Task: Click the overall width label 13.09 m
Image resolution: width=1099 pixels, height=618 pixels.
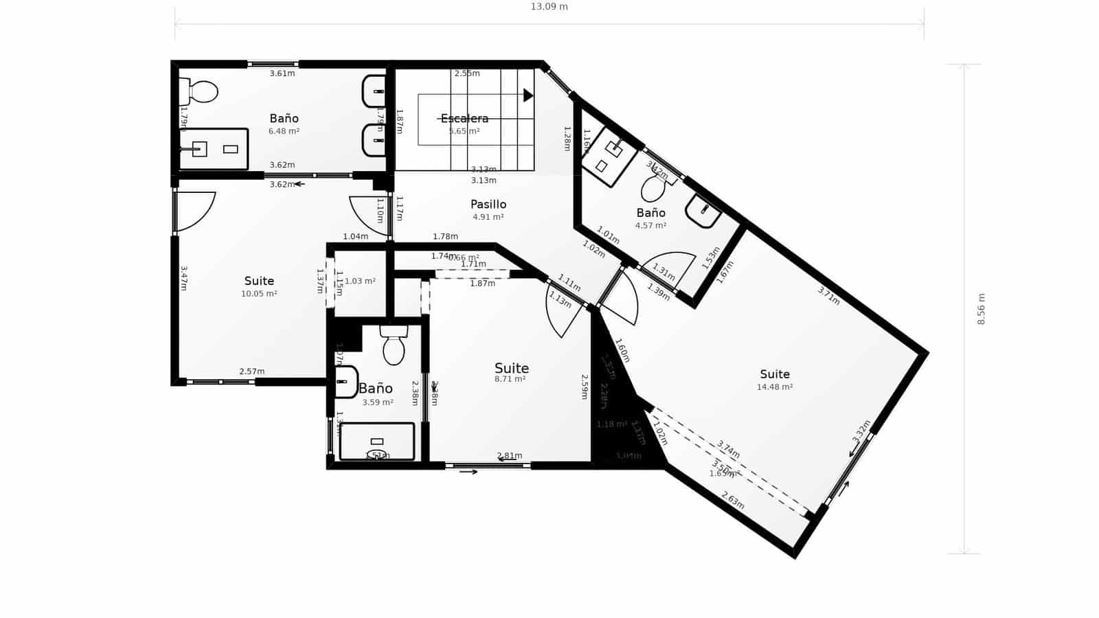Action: pyautogui.click(x=549, y=7)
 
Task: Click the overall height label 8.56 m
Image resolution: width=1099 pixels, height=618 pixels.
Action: pyautogui.click(x=982, y=309)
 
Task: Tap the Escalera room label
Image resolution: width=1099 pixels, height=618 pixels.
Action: pyautogui.click(x=464, y=118)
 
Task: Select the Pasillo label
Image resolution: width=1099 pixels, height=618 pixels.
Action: pyautogui.click(x=488, y=204)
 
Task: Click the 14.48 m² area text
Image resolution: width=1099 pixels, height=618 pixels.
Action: pyautogui.click(x=775, y=387)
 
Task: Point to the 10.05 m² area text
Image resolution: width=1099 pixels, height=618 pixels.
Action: pyautogui.click(x=259, y=293)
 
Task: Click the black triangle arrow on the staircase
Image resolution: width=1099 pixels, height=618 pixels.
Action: pyautogui.click(x=528, y=95)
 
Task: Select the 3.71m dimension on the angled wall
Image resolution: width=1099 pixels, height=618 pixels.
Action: pyautogui.click(x=828, y=295)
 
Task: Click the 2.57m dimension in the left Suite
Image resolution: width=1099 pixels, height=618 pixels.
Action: pyautogui.click(x=251, y=371)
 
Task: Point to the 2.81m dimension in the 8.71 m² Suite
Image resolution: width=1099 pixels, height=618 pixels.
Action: pyautogui.click(x=510, y=455)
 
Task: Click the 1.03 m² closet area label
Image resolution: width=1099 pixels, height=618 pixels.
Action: pyautogui.click(x=360, y=281)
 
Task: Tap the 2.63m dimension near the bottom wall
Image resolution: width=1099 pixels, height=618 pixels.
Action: pyautogui.click(x=732, y=500)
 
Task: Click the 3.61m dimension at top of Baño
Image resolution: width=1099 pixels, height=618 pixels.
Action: pyautogui.click(x=282, y=73)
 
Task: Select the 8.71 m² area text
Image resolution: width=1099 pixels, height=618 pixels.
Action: pyautogui.click(x=510, y=379)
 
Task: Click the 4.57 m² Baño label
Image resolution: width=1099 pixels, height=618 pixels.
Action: pyautogui.click(x=650, y=225)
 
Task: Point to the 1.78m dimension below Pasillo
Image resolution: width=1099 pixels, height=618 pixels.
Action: pyautogui.click(x=445, y=236)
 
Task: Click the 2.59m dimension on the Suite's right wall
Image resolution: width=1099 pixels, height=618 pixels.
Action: pyautogui.click(x=585, y=387)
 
